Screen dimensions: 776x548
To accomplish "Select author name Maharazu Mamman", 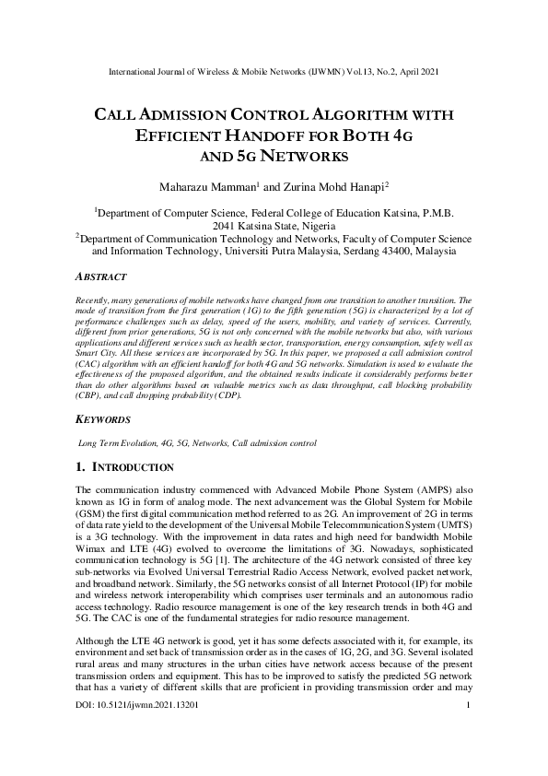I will tap(196, 187).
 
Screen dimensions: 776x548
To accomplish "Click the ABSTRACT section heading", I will tap(100, 276).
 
